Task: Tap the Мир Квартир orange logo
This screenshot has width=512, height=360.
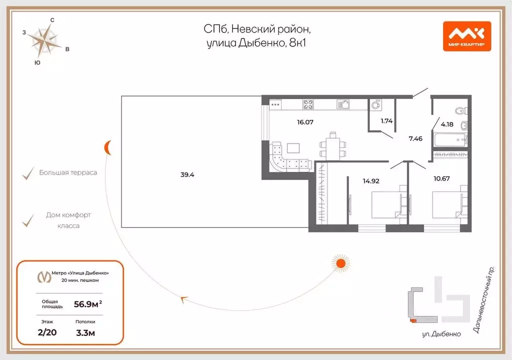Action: click(x=466, y=36)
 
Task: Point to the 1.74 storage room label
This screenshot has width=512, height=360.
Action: click(x=386, y=121)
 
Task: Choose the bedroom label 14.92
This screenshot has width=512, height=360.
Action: click(x=371, y=181)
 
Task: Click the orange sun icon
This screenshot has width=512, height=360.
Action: click(x=340, y=263)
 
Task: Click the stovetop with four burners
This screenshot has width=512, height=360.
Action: click(x=308, y=105)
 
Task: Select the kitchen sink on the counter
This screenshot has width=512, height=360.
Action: click(x=343, y=104)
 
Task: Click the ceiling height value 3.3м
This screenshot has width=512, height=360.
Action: click(x=86, y=332)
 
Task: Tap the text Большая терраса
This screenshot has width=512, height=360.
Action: click(x=68, y=173)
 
